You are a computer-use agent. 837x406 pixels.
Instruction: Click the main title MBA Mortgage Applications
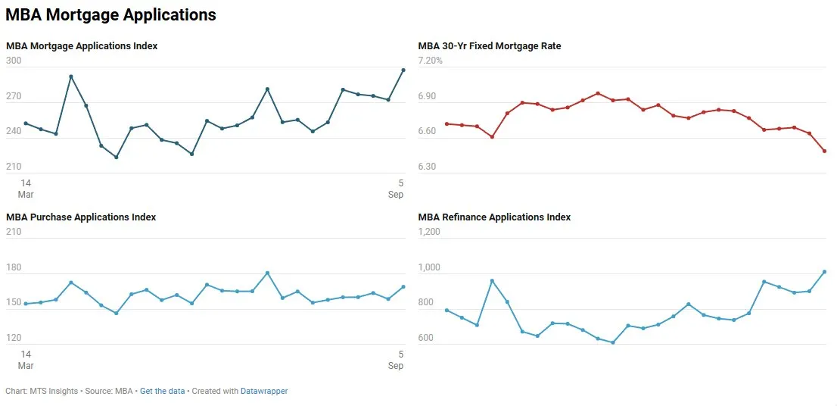point(111,15)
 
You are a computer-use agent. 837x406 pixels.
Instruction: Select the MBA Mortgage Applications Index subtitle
point(82,46)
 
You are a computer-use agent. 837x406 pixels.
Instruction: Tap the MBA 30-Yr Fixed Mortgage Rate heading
point(490,46)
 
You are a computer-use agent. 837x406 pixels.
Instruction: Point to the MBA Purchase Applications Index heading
point(81,217)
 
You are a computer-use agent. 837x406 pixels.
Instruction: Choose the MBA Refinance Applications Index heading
point(494,217)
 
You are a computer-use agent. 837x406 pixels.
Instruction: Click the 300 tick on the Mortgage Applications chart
point(14,61)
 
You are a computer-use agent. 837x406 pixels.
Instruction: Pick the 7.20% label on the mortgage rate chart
point(431,61)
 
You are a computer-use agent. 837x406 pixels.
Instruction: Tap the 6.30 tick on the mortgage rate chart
point(427,167)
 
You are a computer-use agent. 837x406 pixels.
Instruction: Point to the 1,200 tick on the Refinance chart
point(429,232)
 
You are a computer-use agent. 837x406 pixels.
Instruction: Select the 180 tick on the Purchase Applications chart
point(14,267)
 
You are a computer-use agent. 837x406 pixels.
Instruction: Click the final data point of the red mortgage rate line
point(824,151)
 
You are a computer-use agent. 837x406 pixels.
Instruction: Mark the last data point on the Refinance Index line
point(824,272)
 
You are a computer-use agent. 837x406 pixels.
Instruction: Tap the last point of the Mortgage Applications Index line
point(403,70)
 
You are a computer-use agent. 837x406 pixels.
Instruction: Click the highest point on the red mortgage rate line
point(598,93)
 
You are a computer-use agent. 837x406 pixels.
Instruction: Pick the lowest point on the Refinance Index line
point(613,342)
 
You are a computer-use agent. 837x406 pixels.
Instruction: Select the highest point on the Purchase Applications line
point(267,273)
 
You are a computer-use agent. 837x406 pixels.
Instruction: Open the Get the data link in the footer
point(162,392)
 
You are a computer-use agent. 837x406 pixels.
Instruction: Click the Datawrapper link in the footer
point(264,392)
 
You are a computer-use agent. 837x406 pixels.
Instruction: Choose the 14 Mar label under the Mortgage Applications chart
point(26,189)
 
